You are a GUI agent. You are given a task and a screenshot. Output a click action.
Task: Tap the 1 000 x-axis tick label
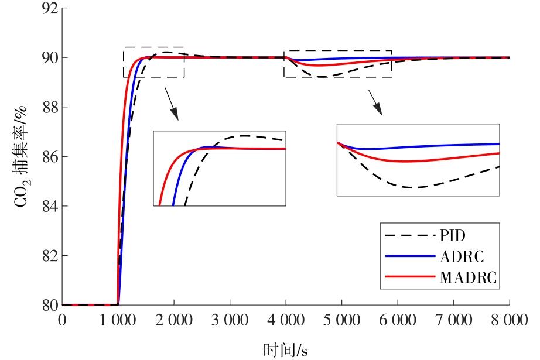point(118,320)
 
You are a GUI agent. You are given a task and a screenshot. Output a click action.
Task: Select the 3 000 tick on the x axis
point(230,320)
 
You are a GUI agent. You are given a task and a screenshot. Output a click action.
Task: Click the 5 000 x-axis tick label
point(341,320)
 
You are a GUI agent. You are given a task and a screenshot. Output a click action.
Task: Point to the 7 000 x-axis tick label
point(453,320)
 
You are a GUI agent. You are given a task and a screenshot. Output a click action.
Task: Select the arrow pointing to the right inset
point(375,102)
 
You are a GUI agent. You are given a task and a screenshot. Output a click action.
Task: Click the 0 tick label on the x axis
point(62,320)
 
